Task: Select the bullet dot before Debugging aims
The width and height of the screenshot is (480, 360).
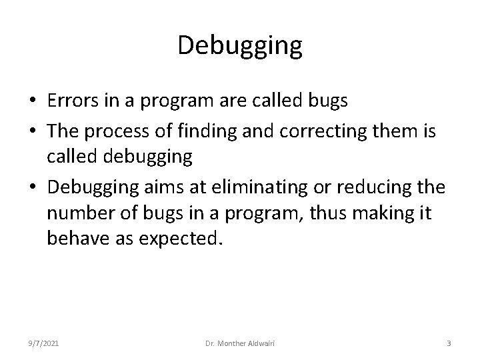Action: [32, 188]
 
